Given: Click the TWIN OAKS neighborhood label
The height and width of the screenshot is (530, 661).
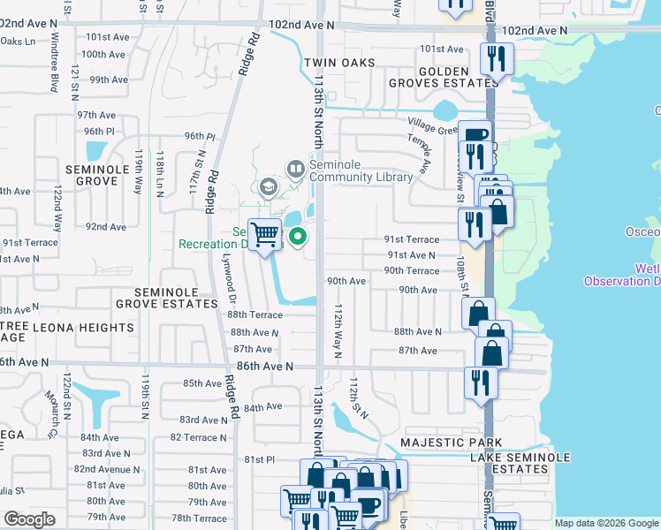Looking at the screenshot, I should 338,64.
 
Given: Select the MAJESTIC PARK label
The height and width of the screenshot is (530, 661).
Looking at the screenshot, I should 451,443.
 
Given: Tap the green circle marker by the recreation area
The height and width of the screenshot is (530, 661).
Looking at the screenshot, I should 299,235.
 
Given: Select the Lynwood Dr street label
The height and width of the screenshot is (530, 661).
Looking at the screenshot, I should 228,274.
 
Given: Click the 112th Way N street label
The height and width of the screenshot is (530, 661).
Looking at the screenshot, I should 338,327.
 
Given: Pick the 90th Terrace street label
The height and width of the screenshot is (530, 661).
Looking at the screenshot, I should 411,271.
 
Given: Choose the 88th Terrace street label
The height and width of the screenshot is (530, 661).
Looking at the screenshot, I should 255,314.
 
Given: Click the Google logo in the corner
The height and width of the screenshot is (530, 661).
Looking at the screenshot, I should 29,519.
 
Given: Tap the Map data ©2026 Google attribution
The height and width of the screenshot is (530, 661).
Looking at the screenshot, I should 605,523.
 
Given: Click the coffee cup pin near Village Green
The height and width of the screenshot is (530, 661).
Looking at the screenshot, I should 475,134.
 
